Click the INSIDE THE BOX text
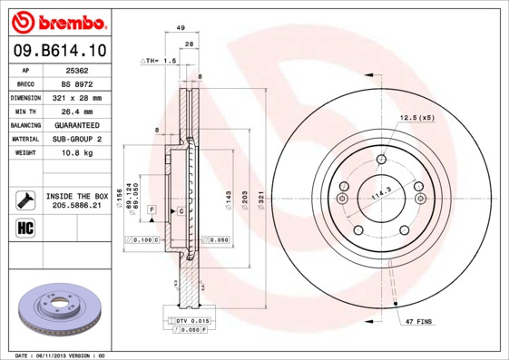tap(77, 196)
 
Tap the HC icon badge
tap(25, 227)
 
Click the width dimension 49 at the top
tap(181, 29)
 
